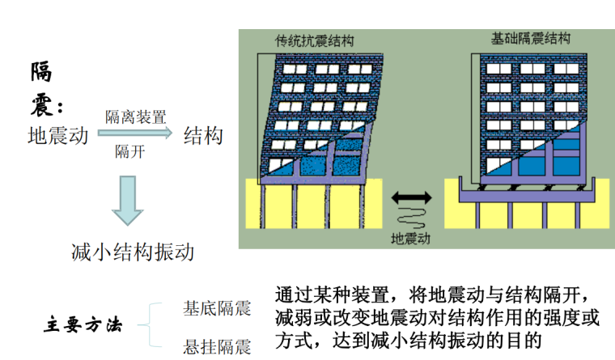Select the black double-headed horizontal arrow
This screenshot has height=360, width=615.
point(410,197)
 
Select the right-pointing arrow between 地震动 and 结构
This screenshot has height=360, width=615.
point(134,134)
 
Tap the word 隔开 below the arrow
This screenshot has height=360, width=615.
point(129,150)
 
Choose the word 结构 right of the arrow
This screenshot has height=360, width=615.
point(203,135)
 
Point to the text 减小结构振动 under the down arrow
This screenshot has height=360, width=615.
point(133,252)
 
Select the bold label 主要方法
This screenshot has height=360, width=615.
point(82,326)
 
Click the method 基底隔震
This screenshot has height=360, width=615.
point(217,307)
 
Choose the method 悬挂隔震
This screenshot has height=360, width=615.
point(217,347)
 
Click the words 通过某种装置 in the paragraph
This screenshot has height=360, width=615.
point(325,292)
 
